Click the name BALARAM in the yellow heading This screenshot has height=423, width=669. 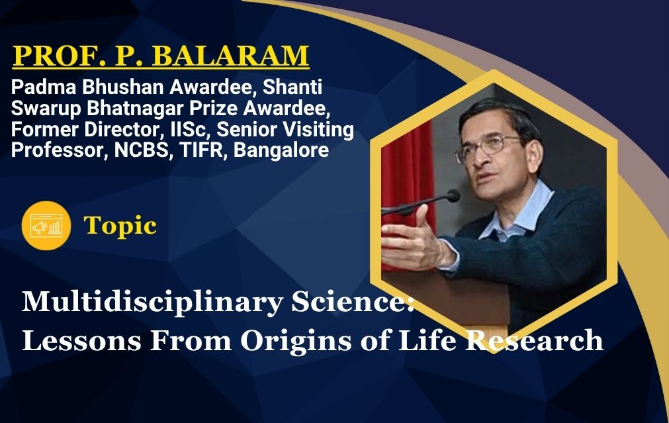[x=230, y=56]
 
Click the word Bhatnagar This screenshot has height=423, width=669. [x=136, y=109]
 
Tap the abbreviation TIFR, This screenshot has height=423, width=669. [x=204, y=150]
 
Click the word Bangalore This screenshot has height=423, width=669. [x=282, y=150]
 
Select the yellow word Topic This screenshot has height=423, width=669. [x=120, y=226]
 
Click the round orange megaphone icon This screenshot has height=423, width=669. [x=46, y=225]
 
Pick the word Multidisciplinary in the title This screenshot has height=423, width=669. [x=152, y=303]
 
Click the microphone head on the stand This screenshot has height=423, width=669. [x=453, y=196]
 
